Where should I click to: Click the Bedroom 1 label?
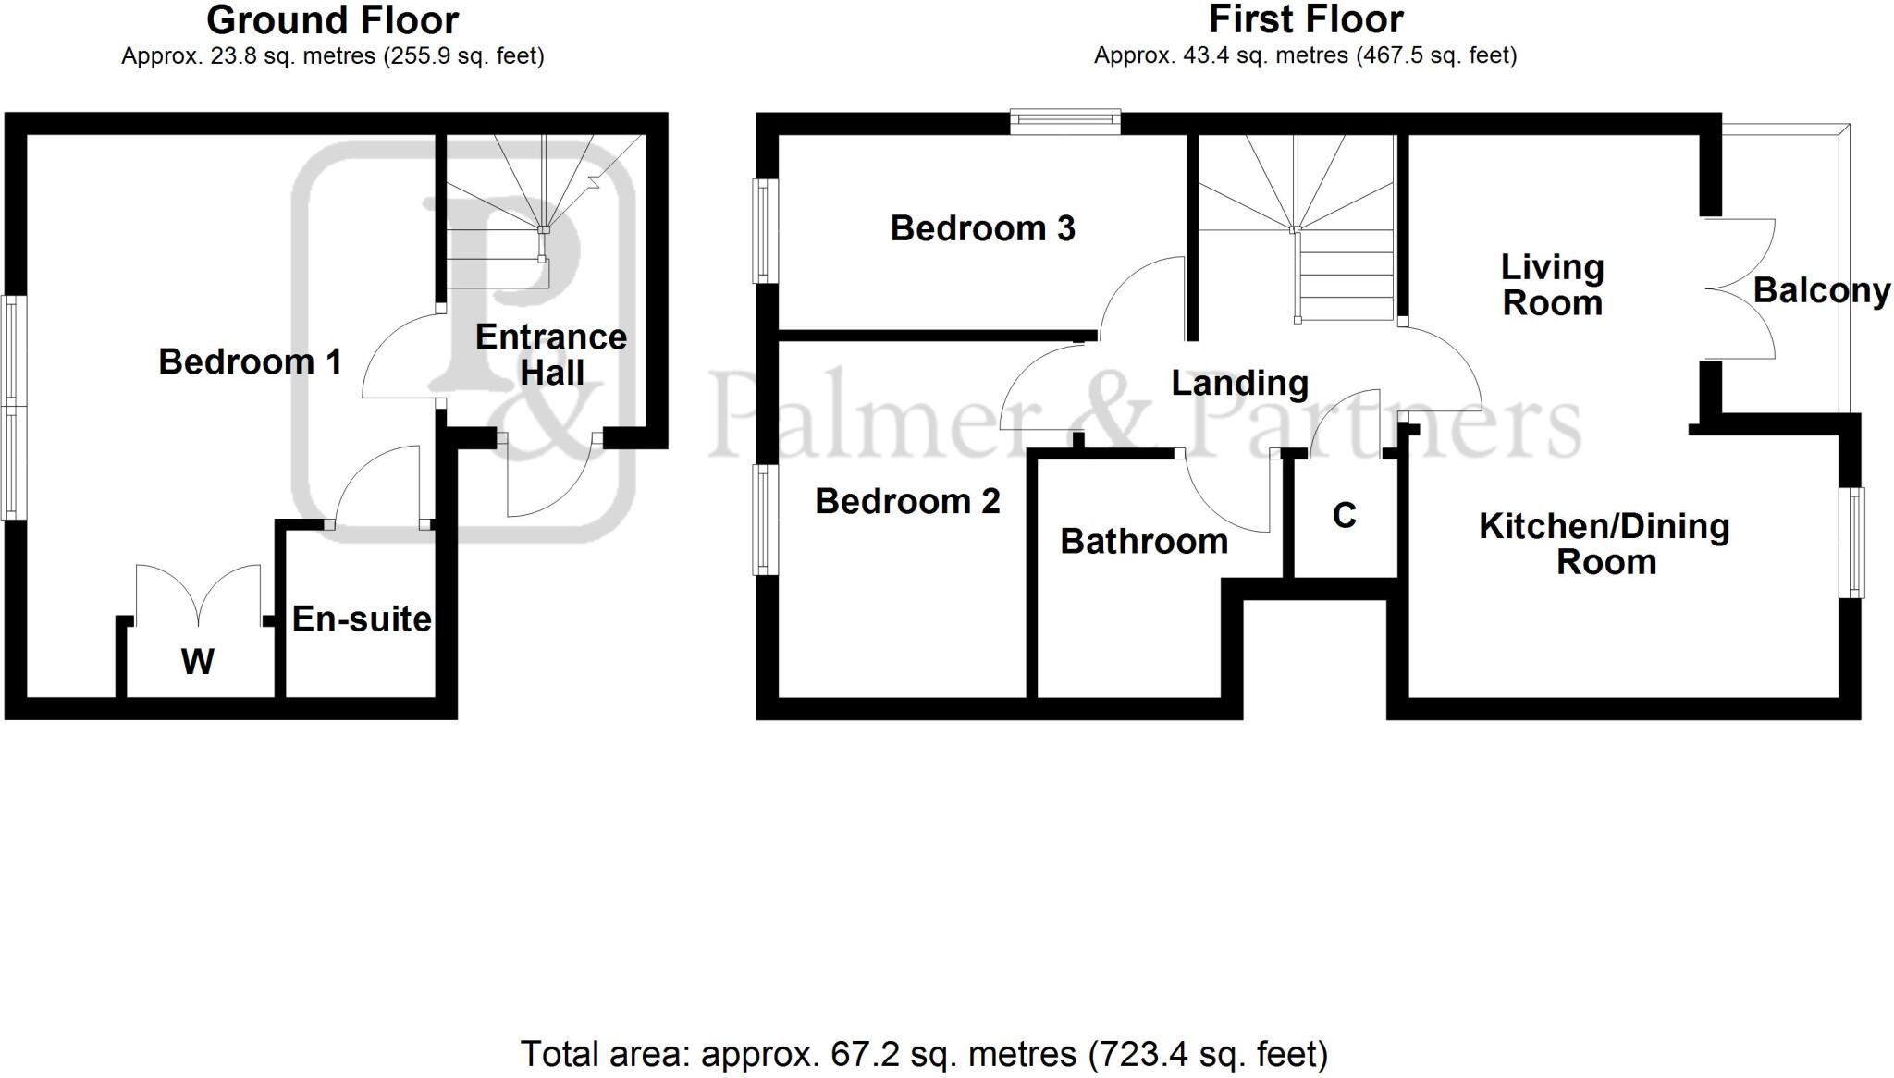(250, 361)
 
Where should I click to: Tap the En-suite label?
(362, 619)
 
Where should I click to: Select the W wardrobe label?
(198, 661)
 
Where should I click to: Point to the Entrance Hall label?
(551, 355)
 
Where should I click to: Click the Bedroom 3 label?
(982, 228)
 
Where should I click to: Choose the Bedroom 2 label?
(907, 501)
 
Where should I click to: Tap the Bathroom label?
(1144, 541)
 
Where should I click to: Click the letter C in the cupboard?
(1345, 515)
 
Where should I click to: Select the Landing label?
(1239, 383)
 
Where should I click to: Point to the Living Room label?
(1552, 285)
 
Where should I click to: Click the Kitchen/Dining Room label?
(1605, 544)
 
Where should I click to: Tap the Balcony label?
(1821, 290)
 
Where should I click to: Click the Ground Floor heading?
(332, 19)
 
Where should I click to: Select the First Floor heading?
(1306, 18)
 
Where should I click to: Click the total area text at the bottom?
(924, 1053)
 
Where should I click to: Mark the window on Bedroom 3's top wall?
(1064, 121)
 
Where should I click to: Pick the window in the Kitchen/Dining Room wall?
(1856, 542)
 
